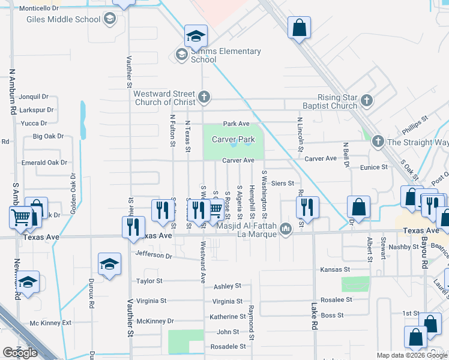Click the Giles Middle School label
point(63,19)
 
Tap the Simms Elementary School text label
point(226,55)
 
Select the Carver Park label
point(234,140)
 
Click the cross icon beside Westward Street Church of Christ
point(204,96)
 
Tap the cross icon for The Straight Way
point(378,142)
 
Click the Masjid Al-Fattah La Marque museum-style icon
point(286,228)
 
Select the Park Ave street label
point(236,124)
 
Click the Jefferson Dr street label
point(154,256)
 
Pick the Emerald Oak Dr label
point(44,163)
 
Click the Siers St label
point(282,183)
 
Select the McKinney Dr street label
point(154,321)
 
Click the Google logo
point(20,353)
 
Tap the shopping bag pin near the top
point(299,28)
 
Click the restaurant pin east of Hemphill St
point(307,207)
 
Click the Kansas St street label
point(334,270)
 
